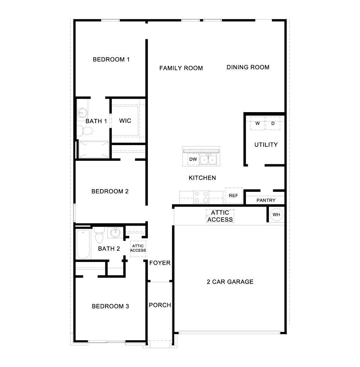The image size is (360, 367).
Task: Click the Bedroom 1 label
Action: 111,59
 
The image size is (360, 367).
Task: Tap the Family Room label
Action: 181,68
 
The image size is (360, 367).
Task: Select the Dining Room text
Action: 248,67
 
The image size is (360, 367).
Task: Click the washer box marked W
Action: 257,123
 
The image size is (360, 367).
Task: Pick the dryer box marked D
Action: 273,123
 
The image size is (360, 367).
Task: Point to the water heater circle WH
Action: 276,214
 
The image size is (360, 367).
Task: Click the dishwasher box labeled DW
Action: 193,159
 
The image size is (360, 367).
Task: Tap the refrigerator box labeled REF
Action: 233,196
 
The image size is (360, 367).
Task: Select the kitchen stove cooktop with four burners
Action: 201,197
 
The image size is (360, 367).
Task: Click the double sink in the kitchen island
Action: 208,159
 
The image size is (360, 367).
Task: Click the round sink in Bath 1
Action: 82,113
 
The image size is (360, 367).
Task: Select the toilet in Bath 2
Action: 99,235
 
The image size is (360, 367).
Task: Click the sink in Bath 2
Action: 115,233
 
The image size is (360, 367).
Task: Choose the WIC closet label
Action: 125,121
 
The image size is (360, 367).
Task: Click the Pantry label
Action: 266,200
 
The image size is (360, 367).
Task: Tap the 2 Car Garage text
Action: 230,282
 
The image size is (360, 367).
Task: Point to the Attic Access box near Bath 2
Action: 138,248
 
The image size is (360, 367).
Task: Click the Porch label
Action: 160,305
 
